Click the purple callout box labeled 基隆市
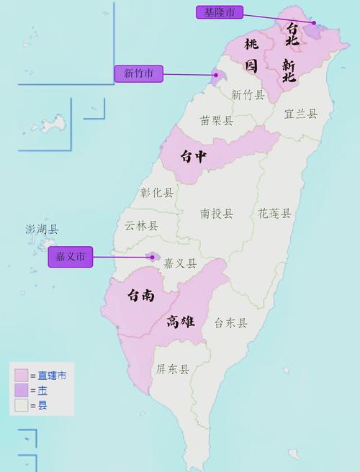point(220,12)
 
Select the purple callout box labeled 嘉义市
point(71,257)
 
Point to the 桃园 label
point(251,55)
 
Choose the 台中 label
point(194,157)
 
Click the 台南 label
point(141,295)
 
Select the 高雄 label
point(180,322)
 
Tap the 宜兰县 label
point(300,114)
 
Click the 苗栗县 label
point(217,121)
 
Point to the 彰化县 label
point(157,193)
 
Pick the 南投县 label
point(217,213)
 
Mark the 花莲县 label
point(274,213)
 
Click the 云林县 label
point(141,225)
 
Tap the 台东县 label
point(230,323)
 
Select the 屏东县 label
point(173,369)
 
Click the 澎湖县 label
point(42,230)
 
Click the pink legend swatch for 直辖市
point(20,375)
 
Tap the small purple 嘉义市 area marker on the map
point(152,256)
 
